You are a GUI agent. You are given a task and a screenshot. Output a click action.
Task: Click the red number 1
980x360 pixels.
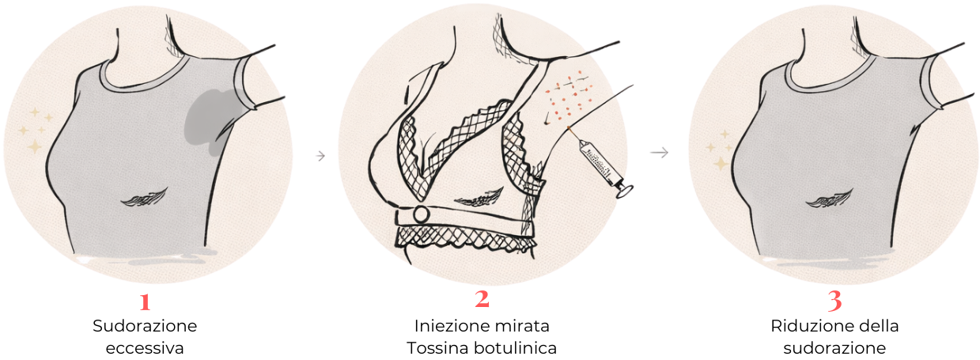[x=146, y=301]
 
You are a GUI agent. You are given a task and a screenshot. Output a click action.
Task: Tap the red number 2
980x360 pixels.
[x=482, y=299]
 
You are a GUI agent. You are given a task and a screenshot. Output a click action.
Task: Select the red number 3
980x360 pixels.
[x=834, y=301]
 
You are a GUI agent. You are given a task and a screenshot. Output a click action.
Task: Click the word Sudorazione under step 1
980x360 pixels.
[x=145, y=326]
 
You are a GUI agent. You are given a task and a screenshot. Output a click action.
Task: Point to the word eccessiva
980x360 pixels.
[x=145, y=349]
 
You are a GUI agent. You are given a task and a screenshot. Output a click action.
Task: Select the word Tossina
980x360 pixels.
[x=437, y=349]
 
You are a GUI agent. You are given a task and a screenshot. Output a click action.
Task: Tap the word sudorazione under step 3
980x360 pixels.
[x=834, y=349]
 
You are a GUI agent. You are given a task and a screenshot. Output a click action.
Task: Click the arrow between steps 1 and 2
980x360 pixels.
[x=320, y=156]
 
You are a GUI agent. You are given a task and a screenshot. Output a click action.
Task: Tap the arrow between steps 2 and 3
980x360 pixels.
[x=660, y=153]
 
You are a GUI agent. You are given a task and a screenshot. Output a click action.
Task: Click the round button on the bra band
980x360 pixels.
[x=422, y=214]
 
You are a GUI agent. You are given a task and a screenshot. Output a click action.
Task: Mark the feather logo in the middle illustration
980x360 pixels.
[x=479, y=198]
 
